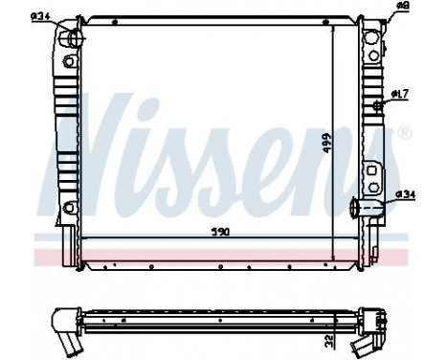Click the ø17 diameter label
(x=400, y=93)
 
